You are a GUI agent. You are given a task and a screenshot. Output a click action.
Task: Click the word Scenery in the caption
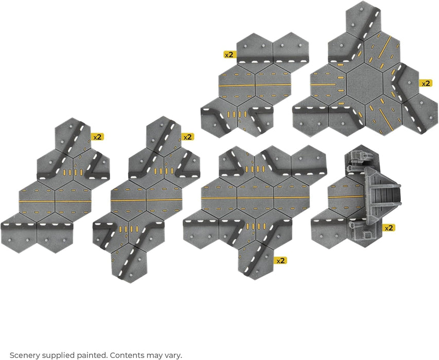coord(25,355)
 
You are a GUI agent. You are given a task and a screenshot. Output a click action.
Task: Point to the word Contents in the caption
coord(126,355)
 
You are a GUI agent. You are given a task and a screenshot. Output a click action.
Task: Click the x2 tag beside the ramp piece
coord(389,228)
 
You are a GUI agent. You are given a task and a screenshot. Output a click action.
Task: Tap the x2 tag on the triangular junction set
coord(426,83)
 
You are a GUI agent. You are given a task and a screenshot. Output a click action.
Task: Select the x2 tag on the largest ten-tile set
coord(280,260)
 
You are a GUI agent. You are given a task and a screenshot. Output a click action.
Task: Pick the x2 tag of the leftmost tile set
coord(97,137)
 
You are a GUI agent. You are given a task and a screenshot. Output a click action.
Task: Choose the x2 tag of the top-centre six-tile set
coord(230,55)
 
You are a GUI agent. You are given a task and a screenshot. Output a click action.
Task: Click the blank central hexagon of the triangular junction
coord(365,84)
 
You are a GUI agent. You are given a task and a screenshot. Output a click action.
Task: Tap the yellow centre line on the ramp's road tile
coord(346,197)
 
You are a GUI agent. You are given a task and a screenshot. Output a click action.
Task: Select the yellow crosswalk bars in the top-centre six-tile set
coord(237,114)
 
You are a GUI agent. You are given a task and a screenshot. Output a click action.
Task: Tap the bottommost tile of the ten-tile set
coord(255,260)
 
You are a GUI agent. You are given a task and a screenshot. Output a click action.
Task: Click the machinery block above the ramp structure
coord(358,159)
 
